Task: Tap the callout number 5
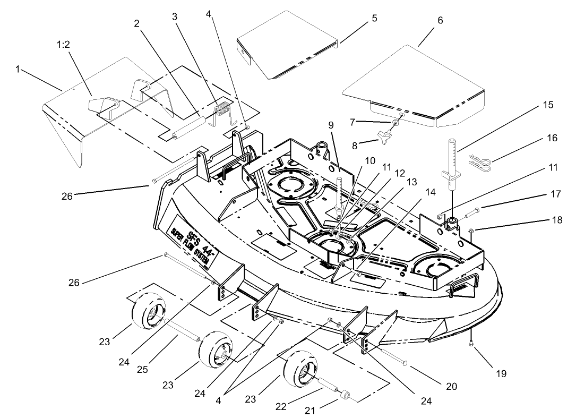pyautogui.click(x=374, y=18)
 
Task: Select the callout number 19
pyautogui.click(x=501, y=374)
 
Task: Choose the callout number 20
pyautogui.click(x=451, y=386)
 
